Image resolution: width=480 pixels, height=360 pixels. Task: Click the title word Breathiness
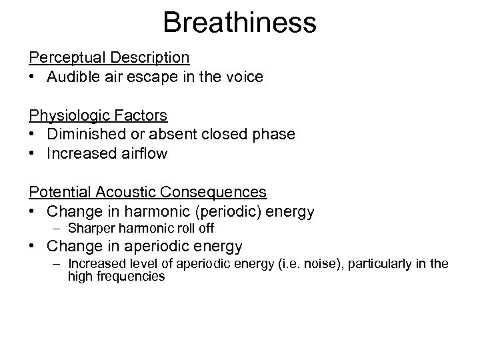[239, 22]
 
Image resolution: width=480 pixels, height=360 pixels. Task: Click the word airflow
[145, 153]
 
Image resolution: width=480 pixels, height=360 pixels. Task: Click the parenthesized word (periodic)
[237, 211]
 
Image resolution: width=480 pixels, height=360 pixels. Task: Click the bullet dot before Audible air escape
[33, 77]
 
